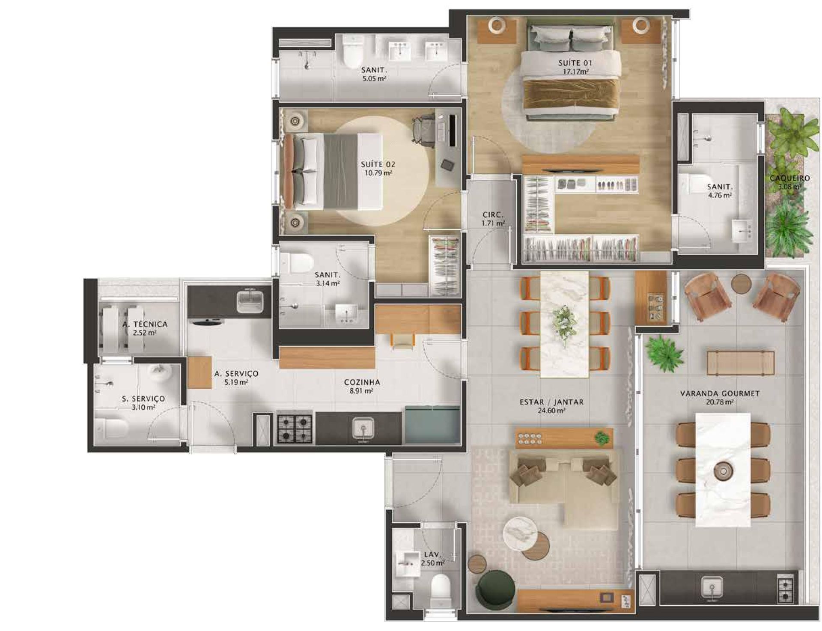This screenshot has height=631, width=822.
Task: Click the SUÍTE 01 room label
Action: [x=575, y=63]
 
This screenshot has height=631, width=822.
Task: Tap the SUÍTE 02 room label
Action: [x=378, y=164]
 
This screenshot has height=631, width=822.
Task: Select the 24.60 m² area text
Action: [x=551, y=411]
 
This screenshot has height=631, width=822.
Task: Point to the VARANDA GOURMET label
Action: [x=720, y=393]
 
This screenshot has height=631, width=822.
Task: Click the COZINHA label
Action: [x=362, y=382]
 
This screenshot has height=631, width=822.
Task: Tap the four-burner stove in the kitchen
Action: [x=294, y=427]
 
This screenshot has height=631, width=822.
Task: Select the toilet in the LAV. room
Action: [x=440, y=589]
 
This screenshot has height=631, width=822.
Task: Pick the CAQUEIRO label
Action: [x=789, y=178]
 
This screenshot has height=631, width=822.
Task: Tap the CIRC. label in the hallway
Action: [x=493, y=214]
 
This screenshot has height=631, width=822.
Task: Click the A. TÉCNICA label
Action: [x=145, y=324]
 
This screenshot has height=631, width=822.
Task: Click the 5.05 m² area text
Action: [x=374, y=78]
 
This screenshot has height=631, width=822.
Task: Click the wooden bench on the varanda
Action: [x=740, y=363]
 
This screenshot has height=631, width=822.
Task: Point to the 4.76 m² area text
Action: [x=720, y=195]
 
